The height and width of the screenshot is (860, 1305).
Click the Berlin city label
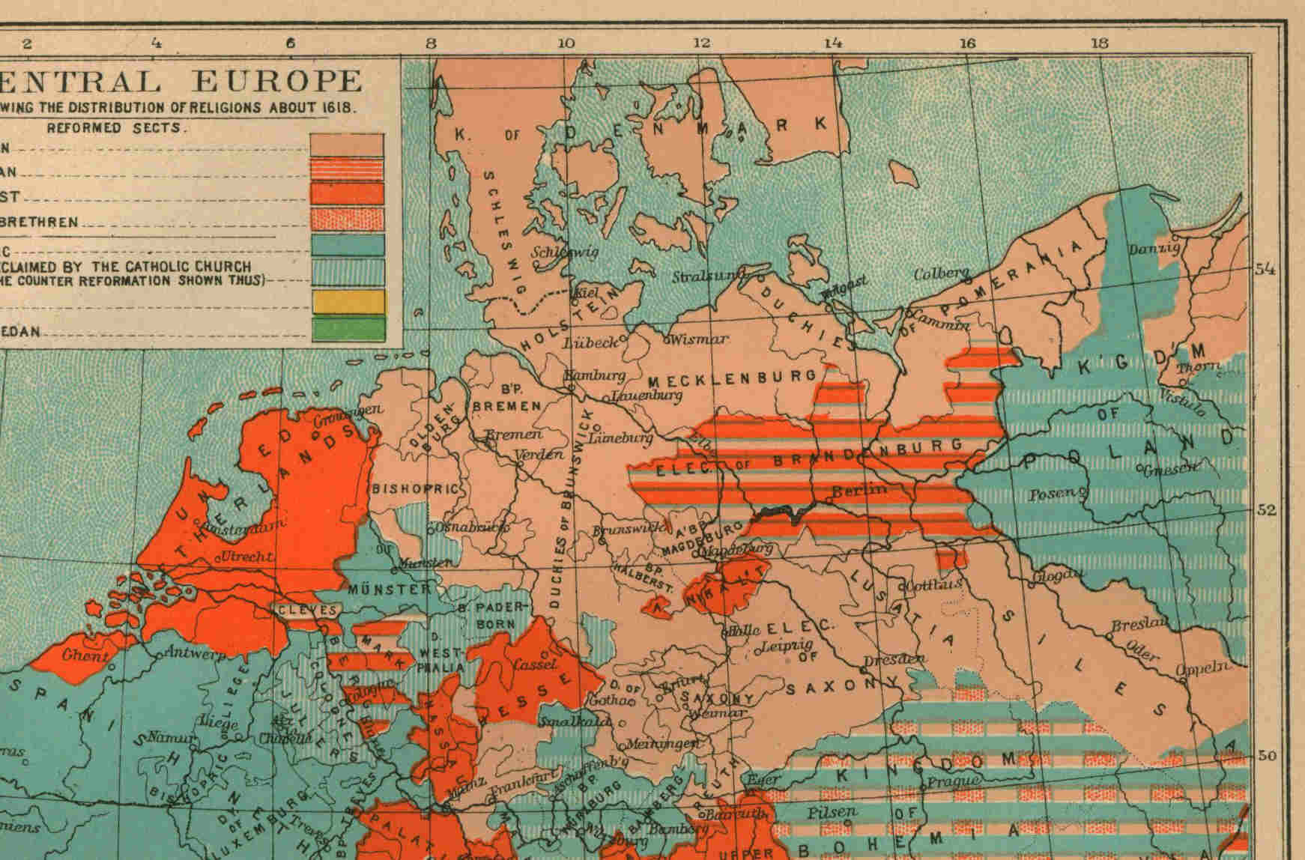point(859,490)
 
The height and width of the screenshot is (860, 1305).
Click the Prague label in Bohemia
point(953,781)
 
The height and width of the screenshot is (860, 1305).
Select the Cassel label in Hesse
point(534,664)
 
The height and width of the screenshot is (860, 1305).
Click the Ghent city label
point(85,655)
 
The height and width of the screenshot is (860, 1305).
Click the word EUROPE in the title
point(277,81)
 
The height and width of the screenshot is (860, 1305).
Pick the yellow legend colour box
point(347,301)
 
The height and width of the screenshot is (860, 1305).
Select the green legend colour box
point(347,328)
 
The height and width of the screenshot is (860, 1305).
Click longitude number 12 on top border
point(701,43)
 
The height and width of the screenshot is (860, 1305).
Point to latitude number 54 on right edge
point(1265,269)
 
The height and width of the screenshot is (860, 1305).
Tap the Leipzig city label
point(786,645)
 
